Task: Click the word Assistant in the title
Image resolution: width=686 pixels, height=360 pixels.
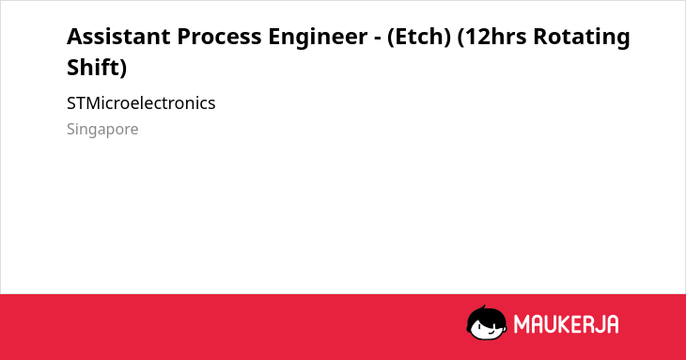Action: [x=118, y=37]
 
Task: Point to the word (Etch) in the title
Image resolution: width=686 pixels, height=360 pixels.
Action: [x=419, y=38]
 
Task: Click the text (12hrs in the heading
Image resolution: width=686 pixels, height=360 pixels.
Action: [x=491, y=38]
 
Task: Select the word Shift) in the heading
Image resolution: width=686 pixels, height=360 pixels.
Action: [x=97, y=68]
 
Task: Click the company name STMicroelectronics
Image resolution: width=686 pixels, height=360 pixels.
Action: [x=141, y=103]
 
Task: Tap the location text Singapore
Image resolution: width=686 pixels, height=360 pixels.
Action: [x=102, y=130]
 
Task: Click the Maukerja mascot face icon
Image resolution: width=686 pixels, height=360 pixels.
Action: [x=487, y=323]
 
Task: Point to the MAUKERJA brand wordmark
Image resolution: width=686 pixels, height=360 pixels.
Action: [x=566, y=324]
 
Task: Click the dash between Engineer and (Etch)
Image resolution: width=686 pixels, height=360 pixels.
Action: [x=377, y=39]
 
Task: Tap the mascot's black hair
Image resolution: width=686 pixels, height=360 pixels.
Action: [x=486, y=314]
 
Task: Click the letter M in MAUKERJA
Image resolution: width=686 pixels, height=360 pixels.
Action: [x=522, y=324]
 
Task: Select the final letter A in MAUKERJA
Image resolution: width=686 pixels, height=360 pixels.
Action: [x=612, y=324]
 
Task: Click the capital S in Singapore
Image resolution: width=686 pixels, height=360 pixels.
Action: [x=70, y=129]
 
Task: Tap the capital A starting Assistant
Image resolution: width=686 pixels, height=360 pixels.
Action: [x=75, y=37]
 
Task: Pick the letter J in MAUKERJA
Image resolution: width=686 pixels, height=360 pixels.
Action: [x=598, y=324]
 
